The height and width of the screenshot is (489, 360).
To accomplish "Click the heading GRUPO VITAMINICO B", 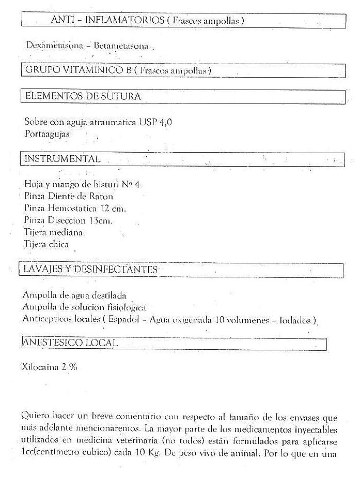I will pyautogui.click(x=77, y=70).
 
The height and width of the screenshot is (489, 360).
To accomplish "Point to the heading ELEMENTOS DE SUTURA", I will pyautogui.click(x=82, y=96).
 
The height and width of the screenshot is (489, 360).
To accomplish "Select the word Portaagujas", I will pyautogui.click(x=46, y=134).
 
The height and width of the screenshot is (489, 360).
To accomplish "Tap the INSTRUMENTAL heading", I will pyautogui.click(x=62, y=159).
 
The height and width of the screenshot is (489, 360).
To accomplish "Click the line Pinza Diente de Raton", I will pyautogui.click(x=68, y=196).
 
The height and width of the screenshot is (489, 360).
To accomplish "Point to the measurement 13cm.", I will pyautogui.click(x=101, y=220).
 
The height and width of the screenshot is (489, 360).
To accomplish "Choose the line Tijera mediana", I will pyautogui.click(x=53, y=232).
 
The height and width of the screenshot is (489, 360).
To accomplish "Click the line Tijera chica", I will pyautogui.click(x=46, y=244).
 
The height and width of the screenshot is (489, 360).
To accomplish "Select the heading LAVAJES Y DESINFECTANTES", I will pyautogui.click(x=90, y=270).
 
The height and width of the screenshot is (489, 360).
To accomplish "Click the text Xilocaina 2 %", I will pyautogui.click(x=50, y=367).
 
